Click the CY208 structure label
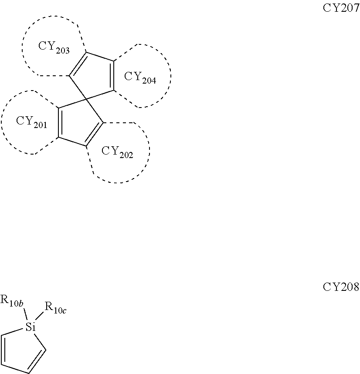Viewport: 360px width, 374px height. (x=340, y=287)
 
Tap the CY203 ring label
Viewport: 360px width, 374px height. (x=54, y=47)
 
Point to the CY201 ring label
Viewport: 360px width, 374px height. (x=31, y=121)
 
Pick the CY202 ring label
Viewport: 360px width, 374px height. (x=117, y=152)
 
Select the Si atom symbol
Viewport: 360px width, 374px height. (x=30, y=327)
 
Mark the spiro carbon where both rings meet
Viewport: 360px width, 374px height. (x=86, y=100)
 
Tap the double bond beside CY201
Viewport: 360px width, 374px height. (x=59, y=123)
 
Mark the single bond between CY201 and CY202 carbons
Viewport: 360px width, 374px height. (x=72, y=143)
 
